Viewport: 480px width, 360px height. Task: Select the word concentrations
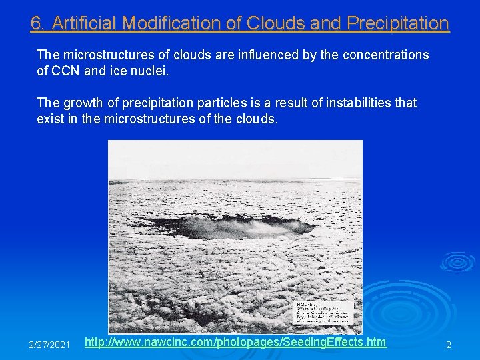pyautogui.click(x=385, y=54)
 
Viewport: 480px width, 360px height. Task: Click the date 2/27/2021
pyautogui.click(x=49, y=345)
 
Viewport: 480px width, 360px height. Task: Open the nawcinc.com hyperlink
pyautogui.click(x=236, y=342)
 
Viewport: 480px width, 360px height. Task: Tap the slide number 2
pyautogui.click(x=449, y=345)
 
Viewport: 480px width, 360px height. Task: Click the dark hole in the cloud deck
pyautogui.click(x=227, y=227)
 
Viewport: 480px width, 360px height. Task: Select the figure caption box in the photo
pyautogui.click(x=327, y=313)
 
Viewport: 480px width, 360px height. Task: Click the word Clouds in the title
pyautogui.click(x=273, y=23)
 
